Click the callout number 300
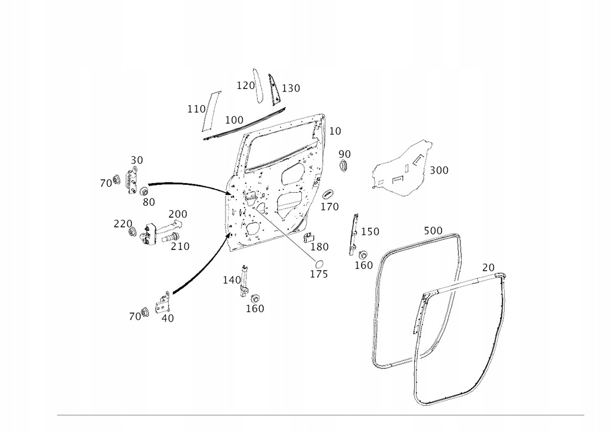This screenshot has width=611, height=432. tap(439, 170)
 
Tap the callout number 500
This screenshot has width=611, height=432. tap(433, 231)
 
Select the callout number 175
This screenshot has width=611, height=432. tap(319, 274)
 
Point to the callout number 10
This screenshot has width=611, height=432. tap(335, 131)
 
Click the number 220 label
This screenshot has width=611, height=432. tap(123, 224)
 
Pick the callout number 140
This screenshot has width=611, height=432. tap(232, 280)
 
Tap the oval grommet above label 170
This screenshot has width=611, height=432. tap(329, 195)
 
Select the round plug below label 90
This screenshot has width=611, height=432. tap(343, 165)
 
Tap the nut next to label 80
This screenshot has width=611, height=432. tap(144, 192)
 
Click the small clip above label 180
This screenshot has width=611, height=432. tap(309, 237)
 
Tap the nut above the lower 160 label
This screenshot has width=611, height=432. tap(255, 299)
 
